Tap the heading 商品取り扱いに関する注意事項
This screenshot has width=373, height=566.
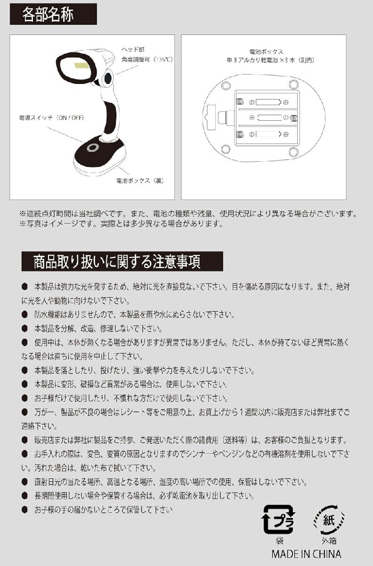click(x=117, y=260)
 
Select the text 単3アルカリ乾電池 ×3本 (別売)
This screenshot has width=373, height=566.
click(x=270, y=60)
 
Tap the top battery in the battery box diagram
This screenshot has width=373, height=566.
click(x=266, y=101)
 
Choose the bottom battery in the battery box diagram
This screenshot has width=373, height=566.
click(x=266, y=134)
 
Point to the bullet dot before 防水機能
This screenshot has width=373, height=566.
click(x=24, y=314)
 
